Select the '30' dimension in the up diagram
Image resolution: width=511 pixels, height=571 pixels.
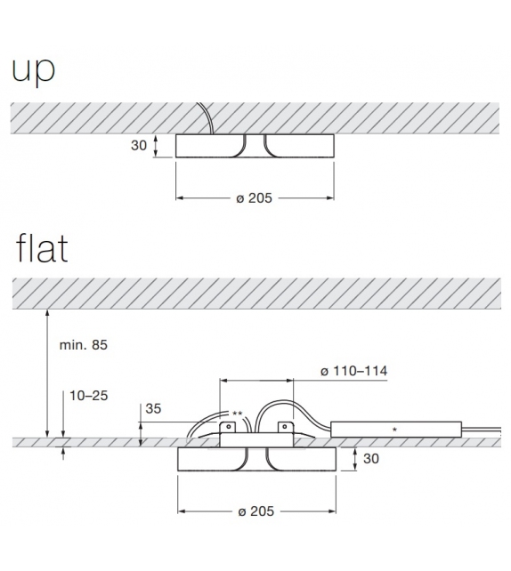pos(139,146)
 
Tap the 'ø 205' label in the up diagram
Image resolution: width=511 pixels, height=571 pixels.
pos(255,198)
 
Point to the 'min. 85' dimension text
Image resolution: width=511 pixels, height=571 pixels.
pos(84,344)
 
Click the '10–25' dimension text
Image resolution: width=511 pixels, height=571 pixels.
pos(86,394)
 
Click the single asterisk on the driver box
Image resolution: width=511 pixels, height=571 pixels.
pos(394,430)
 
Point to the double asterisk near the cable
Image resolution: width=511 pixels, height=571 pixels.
pos(237,414)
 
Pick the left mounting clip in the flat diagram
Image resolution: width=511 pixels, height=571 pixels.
pos(226,430)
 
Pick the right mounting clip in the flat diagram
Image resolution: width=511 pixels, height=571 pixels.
pos(284,430)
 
